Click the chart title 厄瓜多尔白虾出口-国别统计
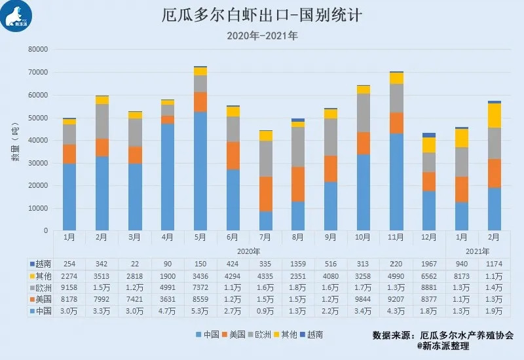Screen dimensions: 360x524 click(x=262, y=15)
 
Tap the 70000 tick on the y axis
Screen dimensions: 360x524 click(x=39, y=72)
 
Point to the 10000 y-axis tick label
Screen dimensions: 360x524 click(x=39, y=208)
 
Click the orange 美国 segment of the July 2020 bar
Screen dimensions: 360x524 click(x=266, y=194)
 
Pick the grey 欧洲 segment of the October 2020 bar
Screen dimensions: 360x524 click(x=364, y=113)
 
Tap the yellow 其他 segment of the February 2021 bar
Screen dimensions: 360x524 click(x=495, y=115)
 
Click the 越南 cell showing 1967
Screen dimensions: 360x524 click(x=428, y=262)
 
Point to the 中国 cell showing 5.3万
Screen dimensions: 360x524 click(x=200, y=312)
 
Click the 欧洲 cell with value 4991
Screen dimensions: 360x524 click(x=168, y=287)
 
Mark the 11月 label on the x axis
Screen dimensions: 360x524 click(x=396, y=236)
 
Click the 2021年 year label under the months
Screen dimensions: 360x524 click(x=477, y=251)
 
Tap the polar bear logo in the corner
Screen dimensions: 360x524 click(x=16, y=16)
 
